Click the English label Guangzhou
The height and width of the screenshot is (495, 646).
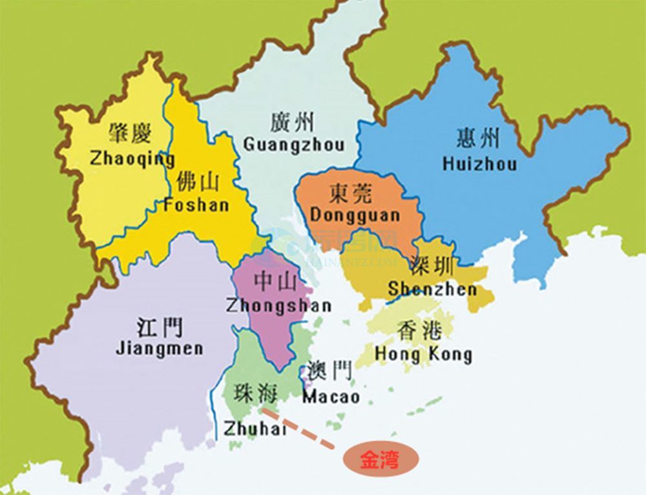[294, 143]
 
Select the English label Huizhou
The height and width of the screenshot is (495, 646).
[479, 163]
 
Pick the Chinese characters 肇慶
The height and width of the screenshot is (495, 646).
[130, 134]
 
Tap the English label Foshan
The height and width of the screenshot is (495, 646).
[196, 205]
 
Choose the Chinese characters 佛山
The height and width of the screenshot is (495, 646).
[198, 182]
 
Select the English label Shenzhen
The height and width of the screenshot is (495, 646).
[432, 289]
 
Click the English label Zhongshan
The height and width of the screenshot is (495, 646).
[278, 305]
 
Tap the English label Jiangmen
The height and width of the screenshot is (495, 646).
[160, 348]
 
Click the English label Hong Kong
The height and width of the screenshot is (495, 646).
[423, 354]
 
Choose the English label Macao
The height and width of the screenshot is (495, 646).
[331, 395]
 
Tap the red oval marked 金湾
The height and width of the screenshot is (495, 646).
[380, 459]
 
